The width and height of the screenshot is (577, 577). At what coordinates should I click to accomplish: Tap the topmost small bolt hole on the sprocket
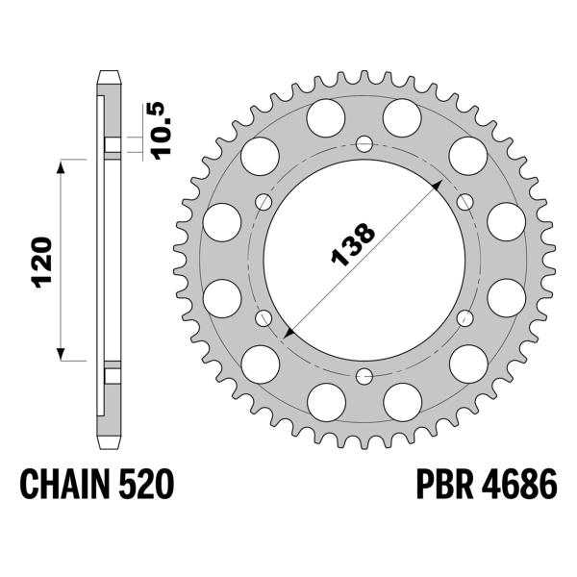(x=364, y=145)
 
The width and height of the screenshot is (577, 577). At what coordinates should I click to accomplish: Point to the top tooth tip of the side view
(x=111, y=74)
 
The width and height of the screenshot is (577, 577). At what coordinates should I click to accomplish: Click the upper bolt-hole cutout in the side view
(x=113, y=147)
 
